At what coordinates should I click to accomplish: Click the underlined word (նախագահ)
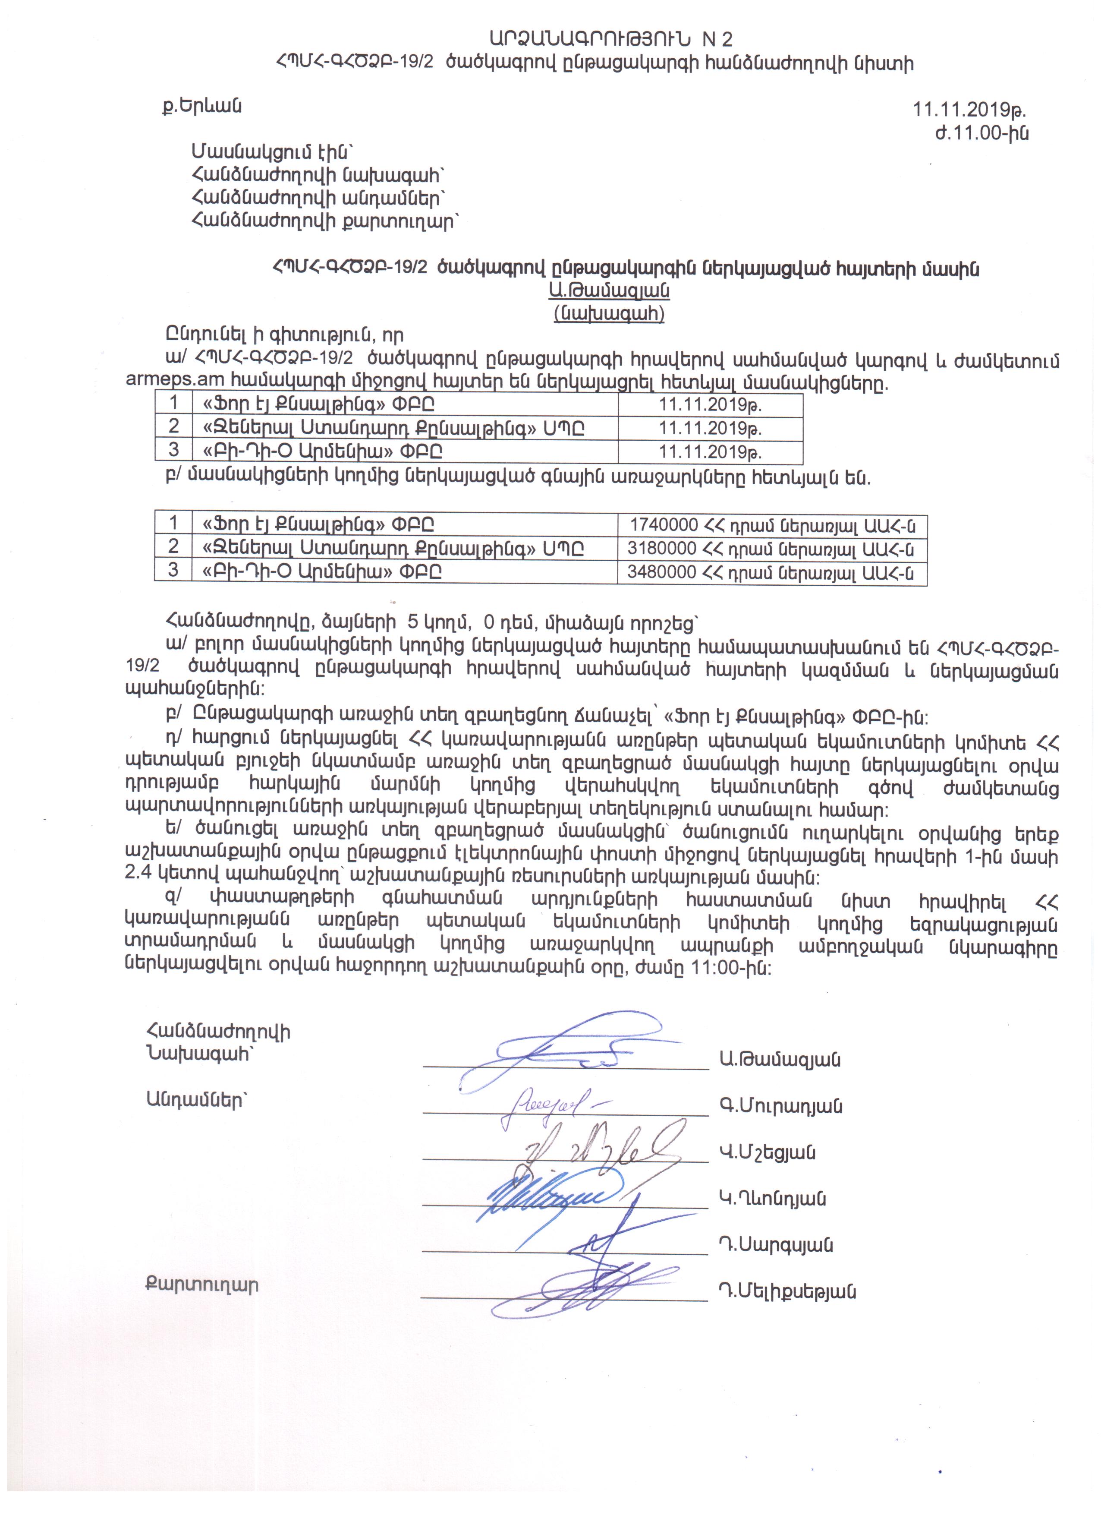(x=609, y=313)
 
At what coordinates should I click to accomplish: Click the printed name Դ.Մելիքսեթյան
(x=787, y=1292)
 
